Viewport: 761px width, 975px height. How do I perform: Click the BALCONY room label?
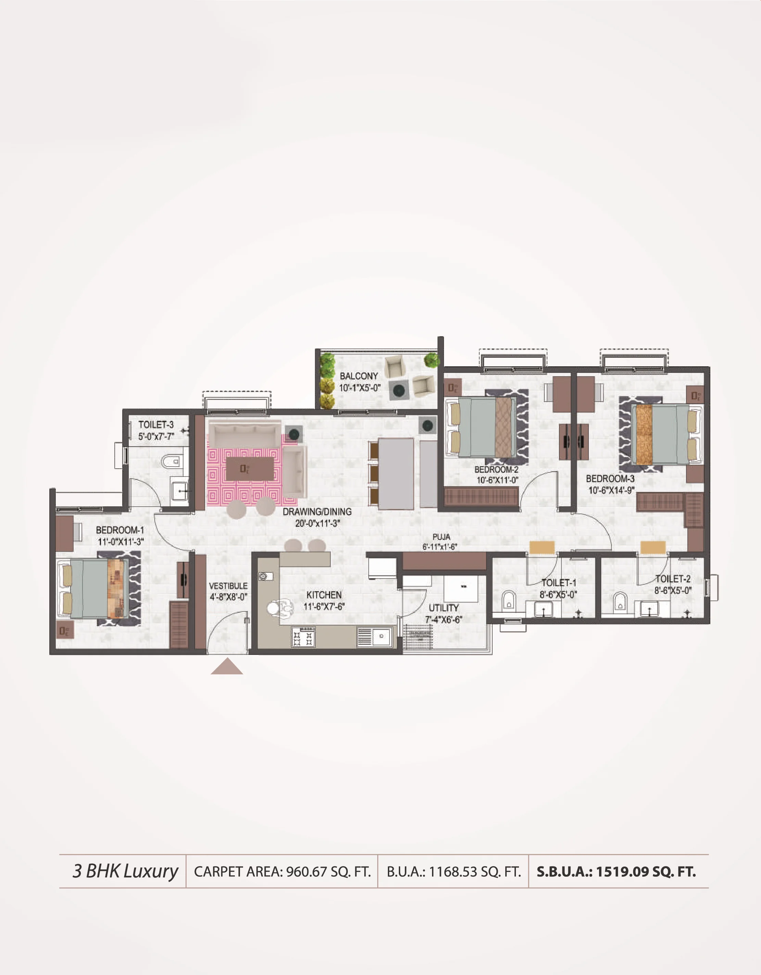[358, 376]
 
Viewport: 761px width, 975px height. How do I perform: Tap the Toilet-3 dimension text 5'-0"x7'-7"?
[156, 436]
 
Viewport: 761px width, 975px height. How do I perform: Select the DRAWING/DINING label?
[317, 511]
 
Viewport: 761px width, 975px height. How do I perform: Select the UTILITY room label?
[444, 608]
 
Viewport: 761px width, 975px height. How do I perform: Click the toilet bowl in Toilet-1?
[508, 600]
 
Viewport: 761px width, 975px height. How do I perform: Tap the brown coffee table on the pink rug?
[250, 468]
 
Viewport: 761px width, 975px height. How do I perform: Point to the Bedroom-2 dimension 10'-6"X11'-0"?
[497, 480]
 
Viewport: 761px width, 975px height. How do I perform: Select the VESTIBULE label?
[228, 586]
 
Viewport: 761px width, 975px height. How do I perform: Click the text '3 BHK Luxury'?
[125, 871]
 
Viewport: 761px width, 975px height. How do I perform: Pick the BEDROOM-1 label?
[120, 530]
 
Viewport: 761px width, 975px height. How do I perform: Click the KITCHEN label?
[324, 595]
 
